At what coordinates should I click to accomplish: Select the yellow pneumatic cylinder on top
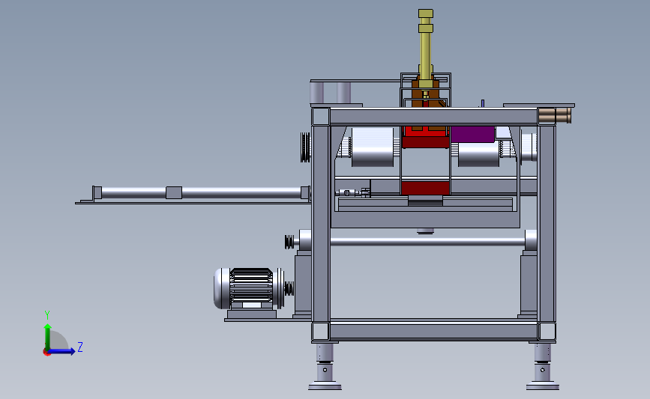[x=426, y=49]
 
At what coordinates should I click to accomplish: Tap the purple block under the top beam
[x=472, y=134]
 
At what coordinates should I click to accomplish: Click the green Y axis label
[x=47, y=315]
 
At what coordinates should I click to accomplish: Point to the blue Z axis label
[x=80, y=347]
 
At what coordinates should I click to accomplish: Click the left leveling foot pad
[x=325, y=387]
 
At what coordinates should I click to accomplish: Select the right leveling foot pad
[x=543, y=387]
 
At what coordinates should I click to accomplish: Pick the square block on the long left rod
[x=174, y=192]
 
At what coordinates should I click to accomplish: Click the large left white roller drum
[x=373, y=147]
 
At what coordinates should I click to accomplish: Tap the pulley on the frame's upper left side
[x=306, y=147]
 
